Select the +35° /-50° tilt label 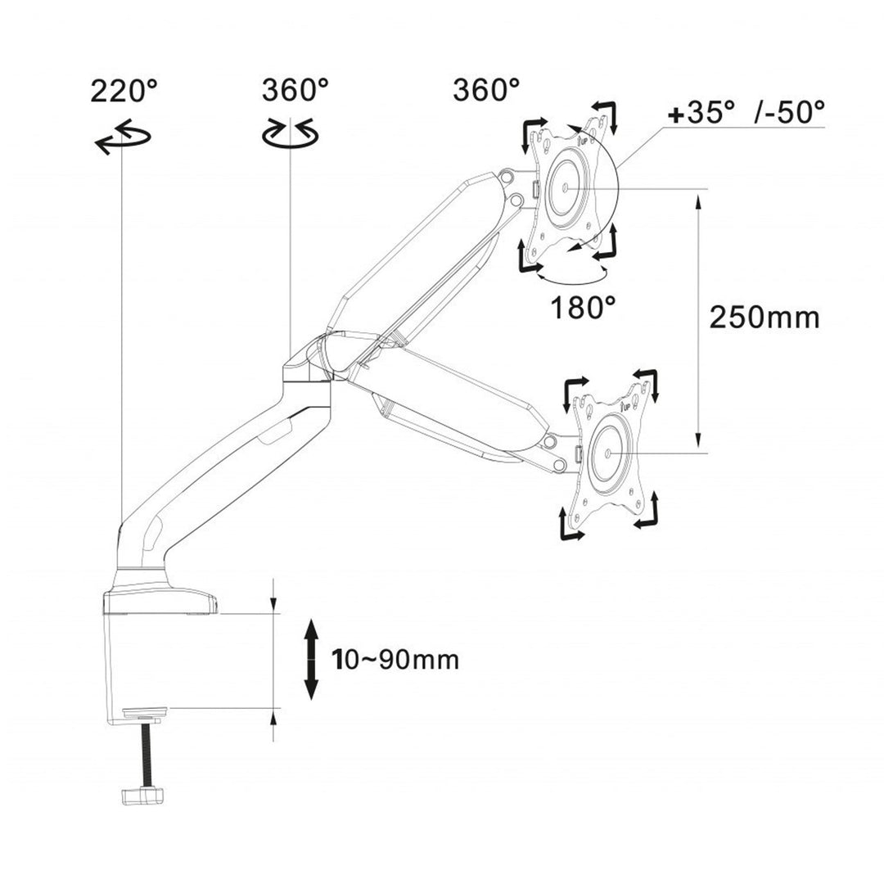point(746,113)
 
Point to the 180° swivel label point(582,309)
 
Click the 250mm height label point(764,318)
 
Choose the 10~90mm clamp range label point(396,659)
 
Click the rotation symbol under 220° point(124,138)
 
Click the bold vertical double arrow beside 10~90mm point(311,659)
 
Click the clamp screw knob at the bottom point(144,795)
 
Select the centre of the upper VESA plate point(565,187)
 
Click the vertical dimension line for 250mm point(697,319)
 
